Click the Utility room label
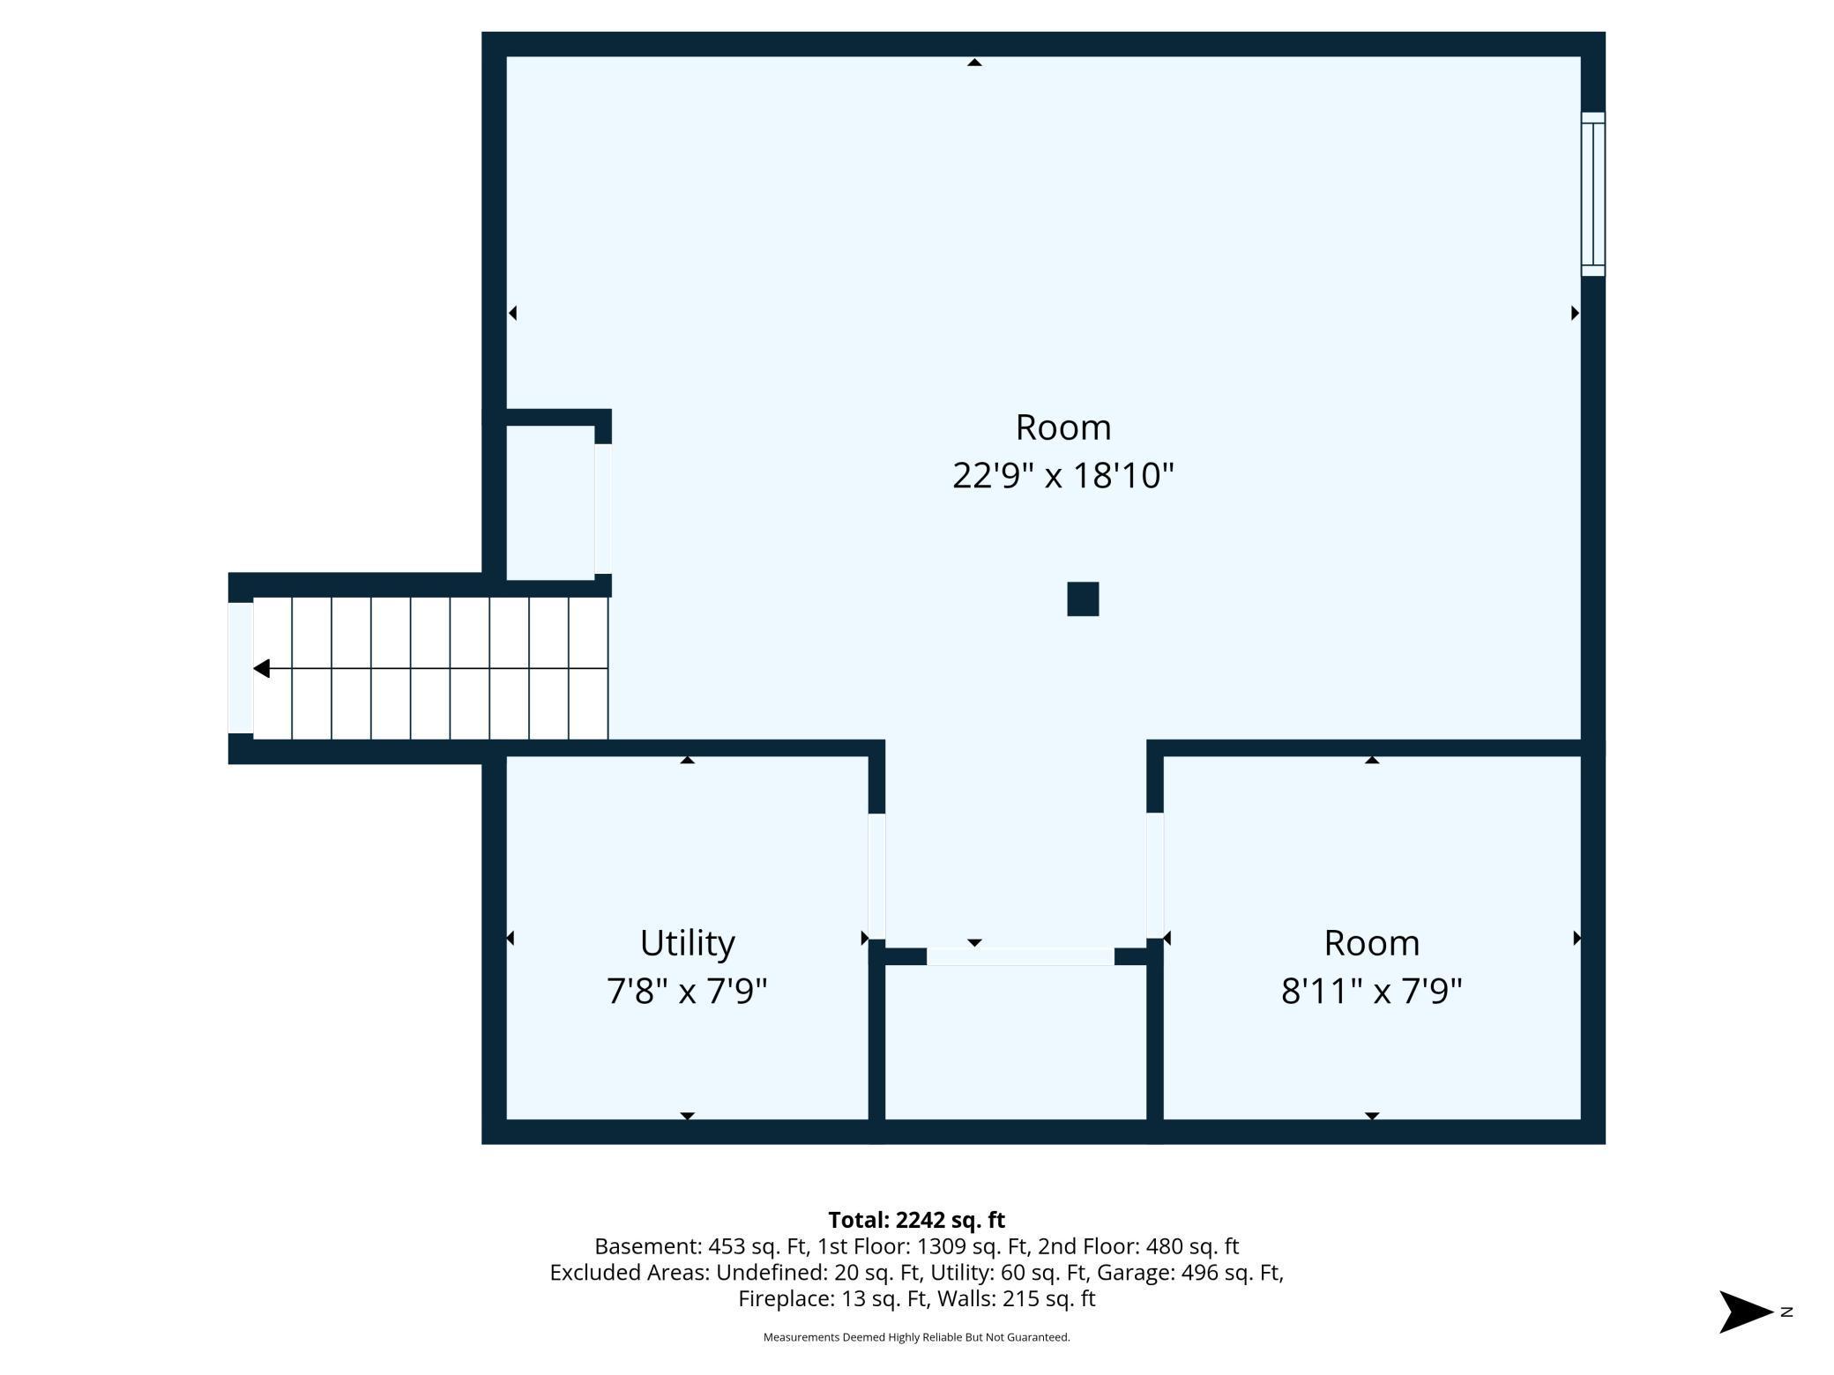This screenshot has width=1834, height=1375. click(x=687, y=944)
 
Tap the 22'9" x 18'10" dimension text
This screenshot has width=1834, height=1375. click(x=1062, y=476)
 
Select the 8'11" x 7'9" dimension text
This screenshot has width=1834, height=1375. click(x=1371, y=992)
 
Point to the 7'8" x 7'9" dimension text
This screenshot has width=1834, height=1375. click(x=687, y=992)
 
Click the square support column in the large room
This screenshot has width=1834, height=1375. click(x=1083, y=598)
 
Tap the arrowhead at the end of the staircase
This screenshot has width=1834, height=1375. click(x=261, y=669)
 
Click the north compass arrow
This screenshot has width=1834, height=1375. click(x=1746, y=1312)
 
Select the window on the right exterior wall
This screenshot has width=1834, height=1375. click(x=1592, y=194)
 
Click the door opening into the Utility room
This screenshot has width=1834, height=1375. click(x=876, y=876)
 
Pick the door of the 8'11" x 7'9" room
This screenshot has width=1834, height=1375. click(x=1154, y=876)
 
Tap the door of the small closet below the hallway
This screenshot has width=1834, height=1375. click(x=1020, y=956)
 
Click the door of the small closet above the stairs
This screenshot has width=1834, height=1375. click(x=603, y=509)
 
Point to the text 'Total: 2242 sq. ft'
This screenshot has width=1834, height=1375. click(x=916, y=1220)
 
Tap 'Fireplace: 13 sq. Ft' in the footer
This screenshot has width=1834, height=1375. click(x=833, y=1298)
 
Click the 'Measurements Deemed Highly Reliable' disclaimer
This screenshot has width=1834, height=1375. click(x=916, y=1337)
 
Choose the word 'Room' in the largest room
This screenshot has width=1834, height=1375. click(x=1062, y=427)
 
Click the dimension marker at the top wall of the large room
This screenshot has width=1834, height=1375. click(x=974, y=62)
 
